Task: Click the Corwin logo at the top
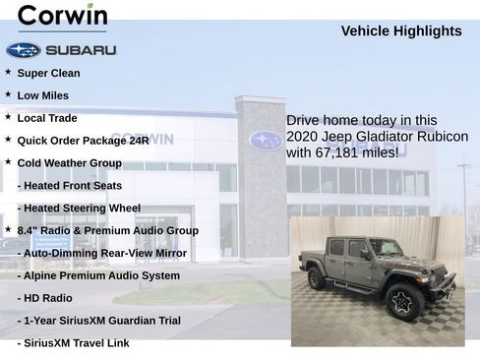62,17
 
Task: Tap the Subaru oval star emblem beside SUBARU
23,50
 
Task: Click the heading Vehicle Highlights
401,31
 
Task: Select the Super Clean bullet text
49,73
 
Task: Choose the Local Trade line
47,118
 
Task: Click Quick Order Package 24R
84,141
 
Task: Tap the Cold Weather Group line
69,163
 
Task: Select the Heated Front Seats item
70,186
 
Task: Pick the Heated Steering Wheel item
79,209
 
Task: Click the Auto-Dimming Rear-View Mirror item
102,253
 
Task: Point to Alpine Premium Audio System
99,275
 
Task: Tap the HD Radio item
45,298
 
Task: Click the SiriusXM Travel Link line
74,343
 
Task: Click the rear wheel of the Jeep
317,279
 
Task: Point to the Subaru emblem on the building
265,140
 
